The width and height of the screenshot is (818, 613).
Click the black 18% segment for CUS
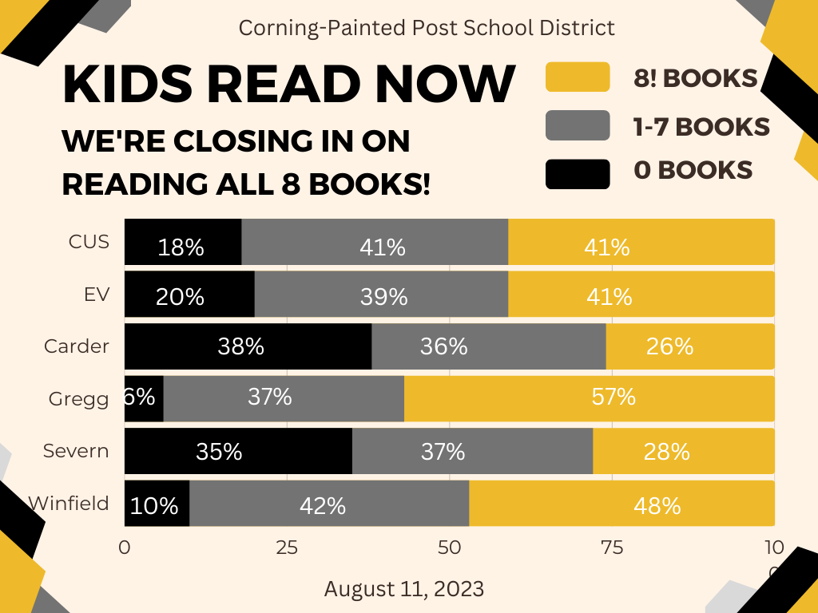[183, 242]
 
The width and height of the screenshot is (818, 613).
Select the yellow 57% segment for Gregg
[589, 398]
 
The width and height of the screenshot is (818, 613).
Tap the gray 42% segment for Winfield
[329, 504]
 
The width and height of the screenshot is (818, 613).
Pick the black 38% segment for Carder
[248, 346]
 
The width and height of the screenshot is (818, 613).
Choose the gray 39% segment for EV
[381, 295]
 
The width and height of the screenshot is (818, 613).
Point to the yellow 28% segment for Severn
[683, 451]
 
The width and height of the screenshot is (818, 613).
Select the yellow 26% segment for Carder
[689, 346]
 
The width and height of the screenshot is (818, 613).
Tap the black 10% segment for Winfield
[157, 504]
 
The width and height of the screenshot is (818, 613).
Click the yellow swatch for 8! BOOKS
[577, 77]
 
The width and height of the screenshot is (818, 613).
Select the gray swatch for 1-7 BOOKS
[577, 125]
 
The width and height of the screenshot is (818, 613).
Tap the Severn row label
[76, 451]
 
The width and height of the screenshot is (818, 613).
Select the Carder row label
[77, 346]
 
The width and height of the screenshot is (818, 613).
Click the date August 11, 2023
[404, 589]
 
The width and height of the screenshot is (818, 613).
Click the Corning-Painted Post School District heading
[427, 28]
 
